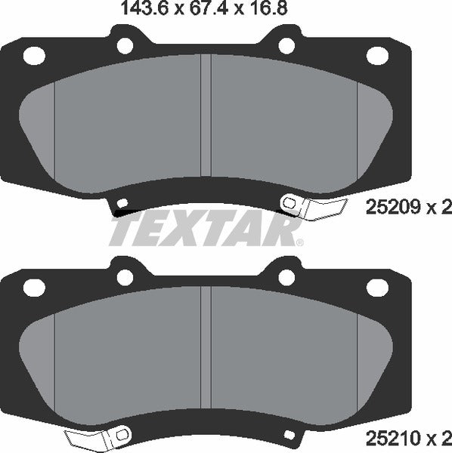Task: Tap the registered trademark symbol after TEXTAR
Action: click(x=299, y=242)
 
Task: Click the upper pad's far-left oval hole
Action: click(x=35, y=54)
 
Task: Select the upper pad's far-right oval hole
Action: click(x=375, y=54)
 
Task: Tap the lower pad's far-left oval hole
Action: click(x=35, y=287)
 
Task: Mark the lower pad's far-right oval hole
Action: click(x=375, y=287)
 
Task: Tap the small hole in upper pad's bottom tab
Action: click(x=122, y=202)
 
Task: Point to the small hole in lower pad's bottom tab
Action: click(x=288, y=433)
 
